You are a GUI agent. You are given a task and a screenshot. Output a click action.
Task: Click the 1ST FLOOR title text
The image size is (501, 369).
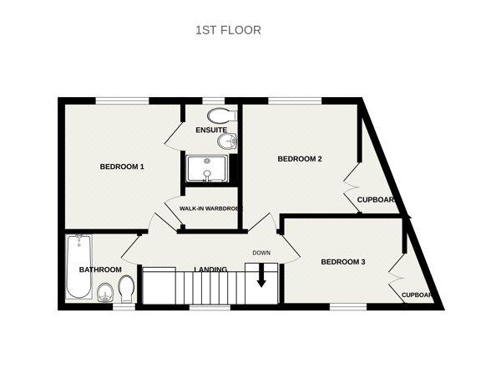coord(228,30)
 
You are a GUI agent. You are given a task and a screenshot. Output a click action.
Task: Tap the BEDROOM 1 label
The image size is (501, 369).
coord(122,167)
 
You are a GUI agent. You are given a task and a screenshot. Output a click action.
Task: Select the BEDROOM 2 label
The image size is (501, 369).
coord(300,159)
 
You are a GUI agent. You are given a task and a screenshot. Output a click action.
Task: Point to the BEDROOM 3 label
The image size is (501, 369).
coord(343,262)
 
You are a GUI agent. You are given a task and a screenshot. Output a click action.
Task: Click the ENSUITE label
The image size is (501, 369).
coord(211,131)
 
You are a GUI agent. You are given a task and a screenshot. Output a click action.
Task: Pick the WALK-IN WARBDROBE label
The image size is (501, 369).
coord(210,208)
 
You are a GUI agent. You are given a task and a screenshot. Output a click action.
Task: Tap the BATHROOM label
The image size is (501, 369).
coord(100,269)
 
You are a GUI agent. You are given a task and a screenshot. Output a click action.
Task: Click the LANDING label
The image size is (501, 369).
coord(210,269)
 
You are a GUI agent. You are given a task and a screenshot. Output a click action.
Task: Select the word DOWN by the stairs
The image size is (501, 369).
coord(262,252)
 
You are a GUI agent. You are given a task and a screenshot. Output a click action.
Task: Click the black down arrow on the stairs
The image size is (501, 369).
coord(261,276)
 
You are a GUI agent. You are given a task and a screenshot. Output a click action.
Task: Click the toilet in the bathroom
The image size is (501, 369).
coord(126,290)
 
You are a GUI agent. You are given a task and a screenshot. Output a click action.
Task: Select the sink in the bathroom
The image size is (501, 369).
coord(105,292)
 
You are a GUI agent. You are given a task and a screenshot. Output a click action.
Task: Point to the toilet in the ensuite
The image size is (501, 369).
coord(220,115)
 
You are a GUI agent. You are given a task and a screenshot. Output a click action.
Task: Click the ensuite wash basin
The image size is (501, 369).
coord(227,141)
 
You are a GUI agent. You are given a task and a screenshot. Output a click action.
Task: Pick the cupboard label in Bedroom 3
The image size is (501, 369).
coord(417,295)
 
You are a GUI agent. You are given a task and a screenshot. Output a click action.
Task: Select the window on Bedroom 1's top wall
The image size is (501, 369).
coord(122,100)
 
